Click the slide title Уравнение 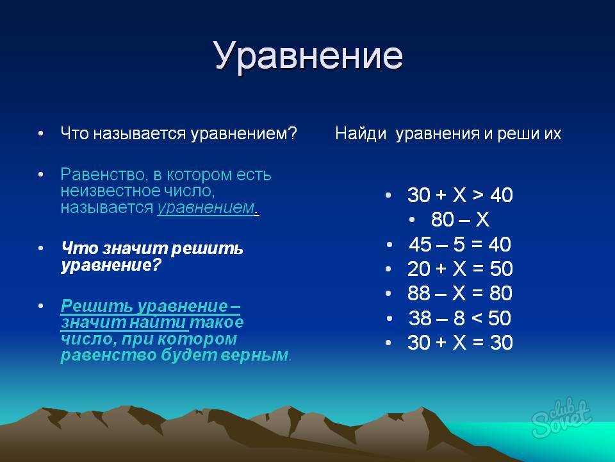[309, 55]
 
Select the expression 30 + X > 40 [460, 195]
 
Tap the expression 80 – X [460, 219]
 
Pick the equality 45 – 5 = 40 [460, 244]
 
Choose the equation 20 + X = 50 [460, 269]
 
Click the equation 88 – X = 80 [460, 293]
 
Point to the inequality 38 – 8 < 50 [460, 318]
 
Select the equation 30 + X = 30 [460, 342]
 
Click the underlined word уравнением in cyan [206, 208]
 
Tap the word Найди [361, 134]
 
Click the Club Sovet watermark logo [561, 417]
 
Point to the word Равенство [104, 175]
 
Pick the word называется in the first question [140, 134]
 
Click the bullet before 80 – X [411, 219]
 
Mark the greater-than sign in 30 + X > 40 [478, 195]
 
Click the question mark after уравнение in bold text [156, 265]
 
